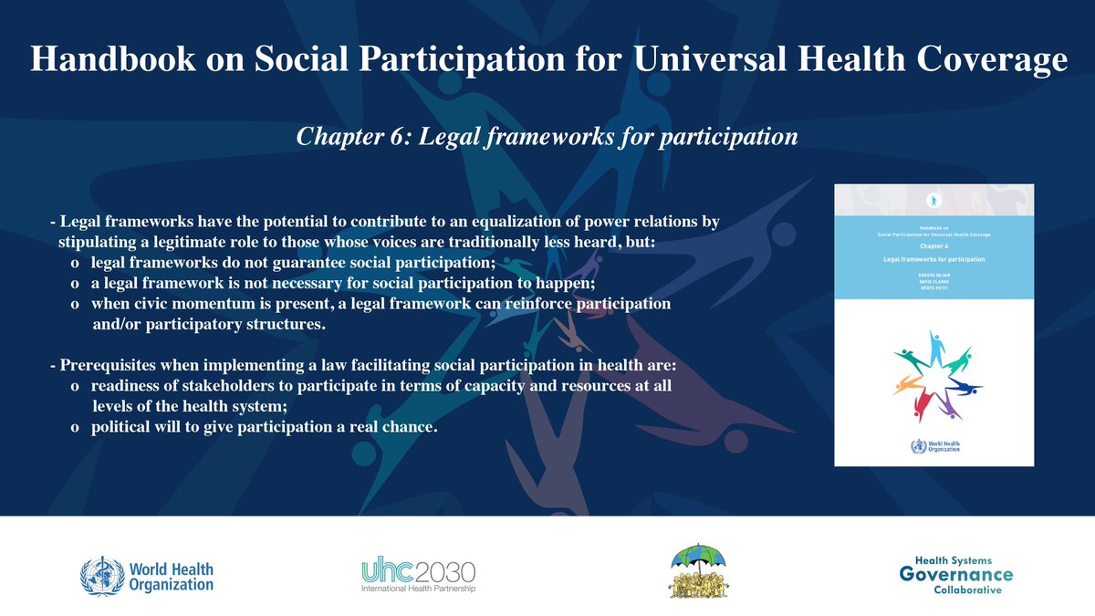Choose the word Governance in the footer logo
point(955,574)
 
